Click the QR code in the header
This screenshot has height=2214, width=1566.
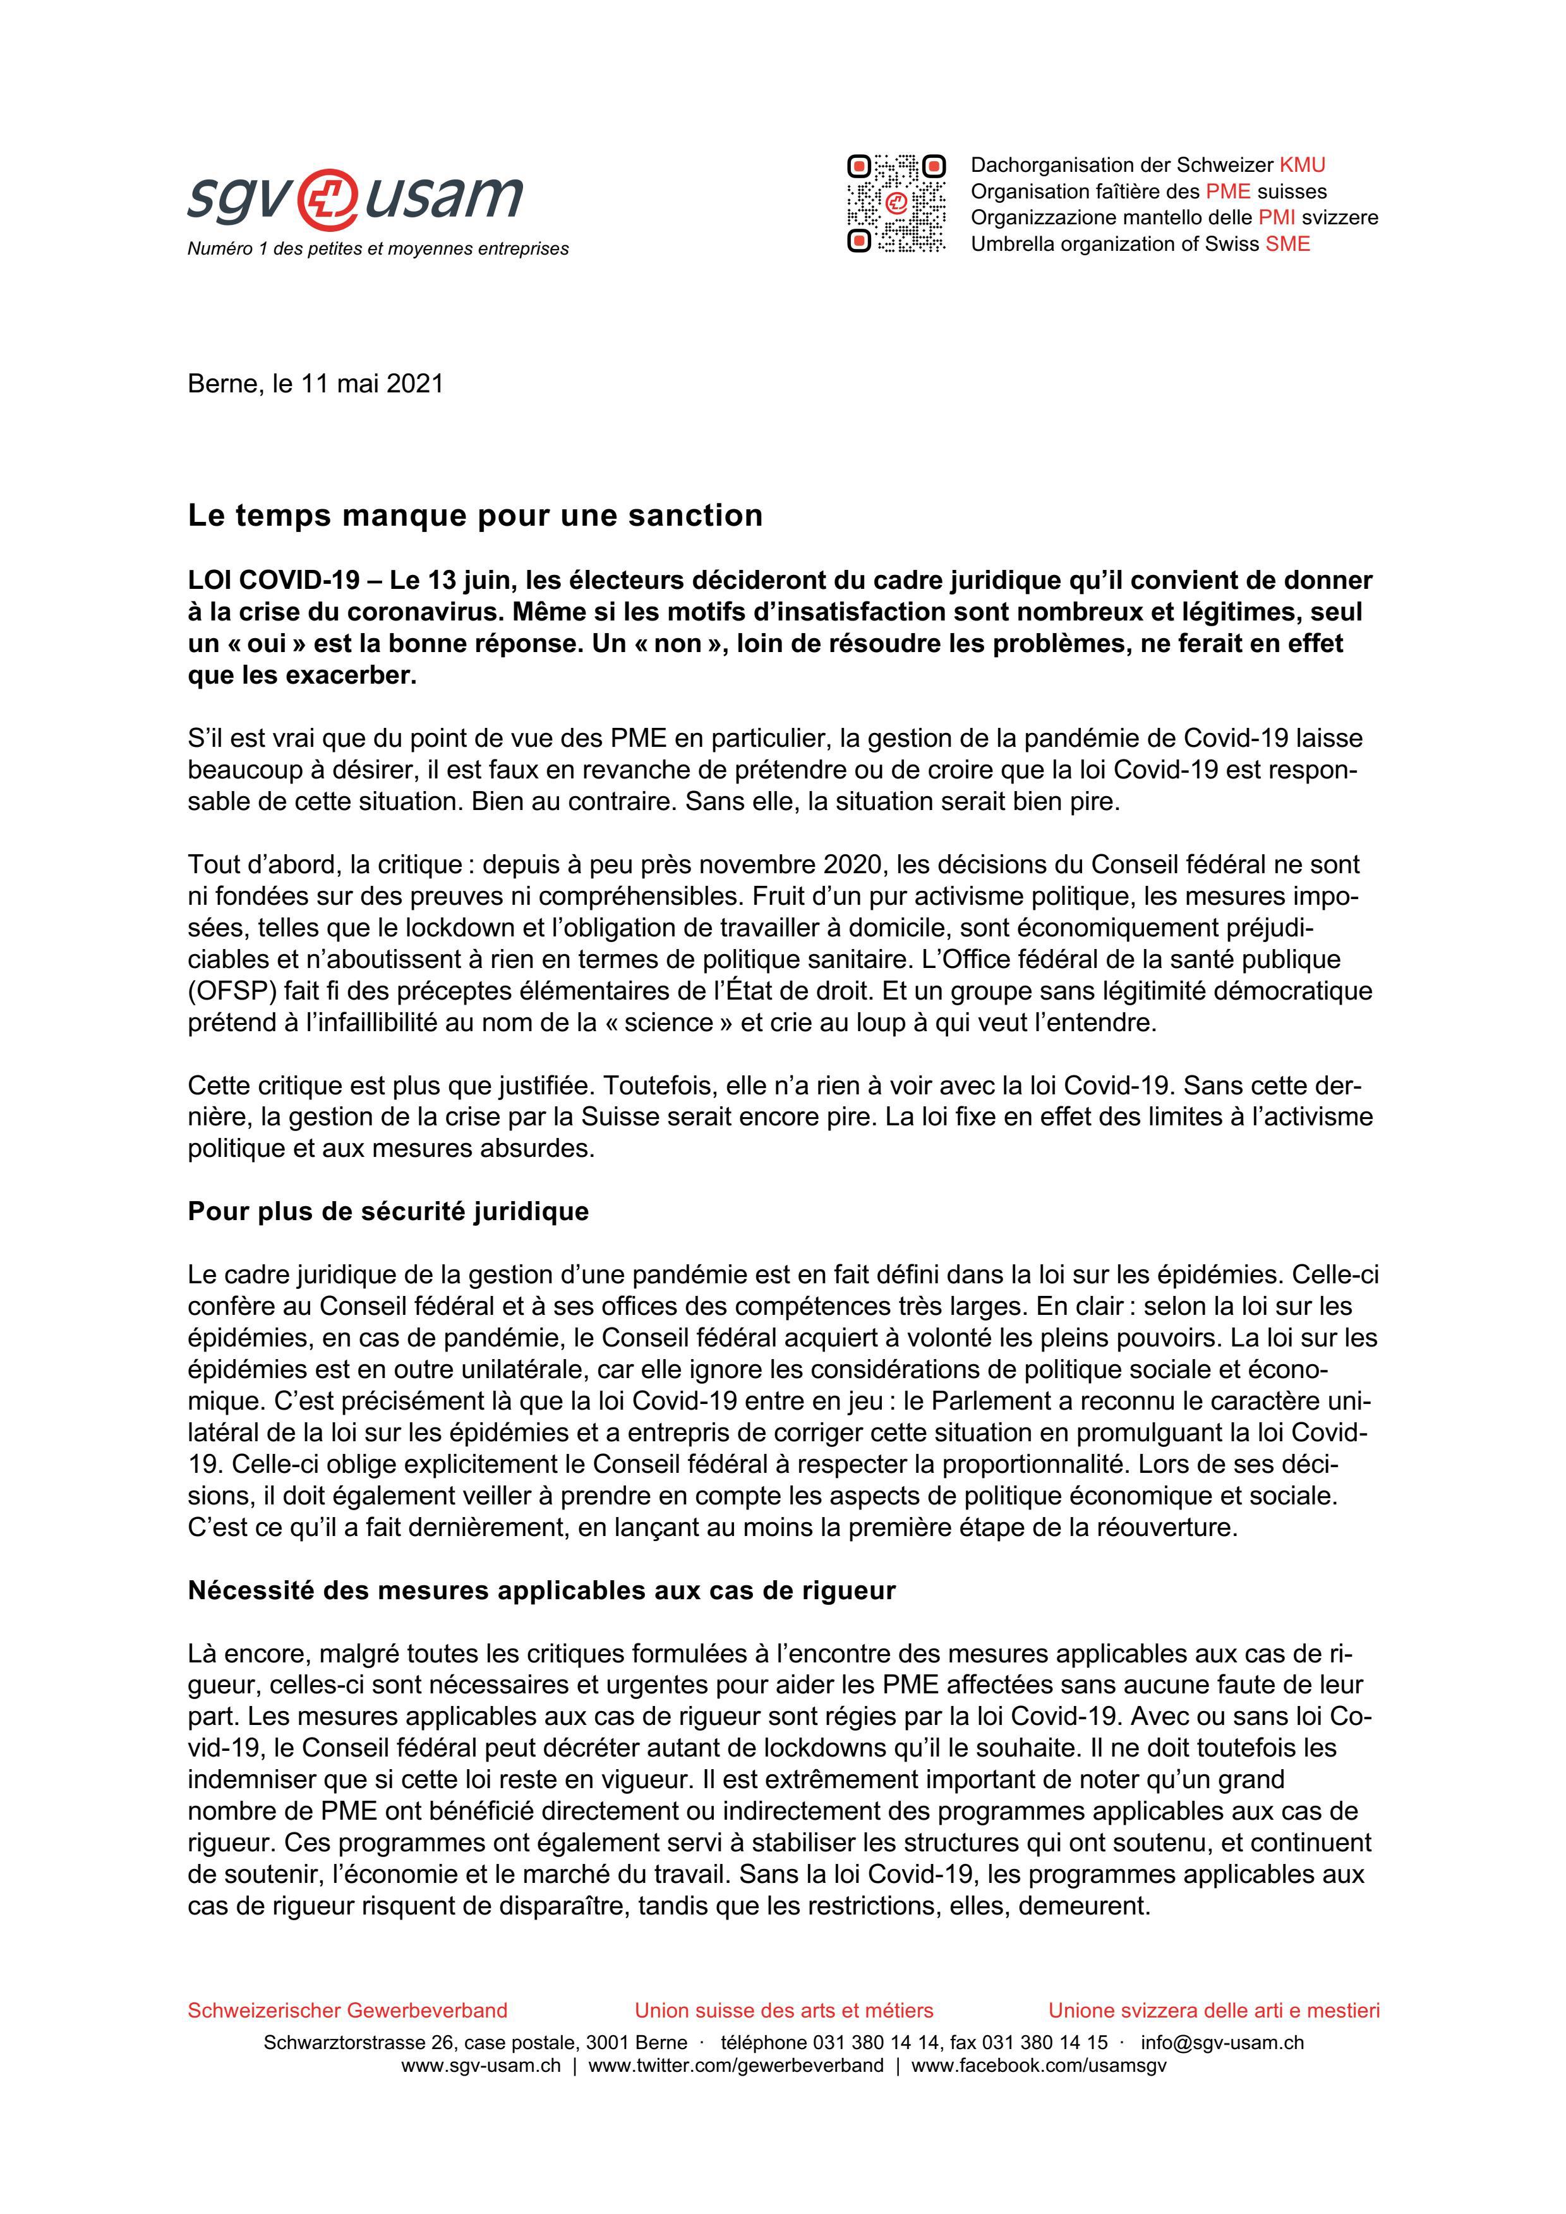[896, 203]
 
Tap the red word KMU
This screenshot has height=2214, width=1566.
[1302, 165]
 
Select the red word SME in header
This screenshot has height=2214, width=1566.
[1287, 244]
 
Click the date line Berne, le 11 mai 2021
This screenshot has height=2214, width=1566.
[315, 384]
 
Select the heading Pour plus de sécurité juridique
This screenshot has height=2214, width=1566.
[388, 1211]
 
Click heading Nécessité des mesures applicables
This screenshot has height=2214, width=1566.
[541, 1590]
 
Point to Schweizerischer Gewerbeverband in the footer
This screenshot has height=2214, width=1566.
[347, 2011]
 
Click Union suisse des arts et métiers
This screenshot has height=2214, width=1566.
[783, 2011]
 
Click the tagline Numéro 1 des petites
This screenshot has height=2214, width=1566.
[377, 249]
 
